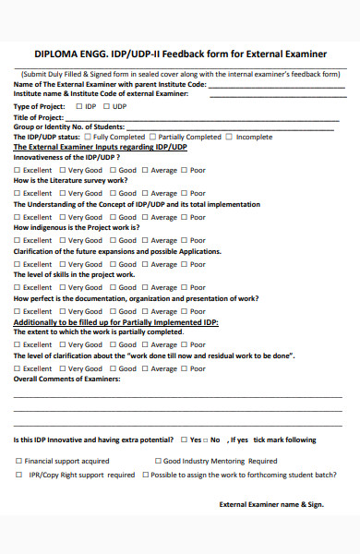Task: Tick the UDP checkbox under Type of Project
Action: [105, 106]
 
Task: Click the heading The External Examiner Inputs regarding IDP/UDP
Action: [100, 147]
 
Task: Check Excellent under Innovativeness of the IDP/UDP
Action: [17, 170]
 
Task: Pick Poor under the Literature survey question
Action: [183, 193]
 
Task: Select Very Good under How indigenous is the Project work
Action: [63, 241]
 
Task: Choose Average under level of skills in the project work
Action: [145, 289]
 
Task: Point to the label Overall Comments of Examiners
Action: [66, 379]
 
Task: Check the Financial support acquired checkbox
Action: [18, 461]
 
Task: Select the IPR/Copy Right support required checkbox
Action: [18, 475]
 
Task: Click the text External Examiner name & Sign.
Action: [271, 504]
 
